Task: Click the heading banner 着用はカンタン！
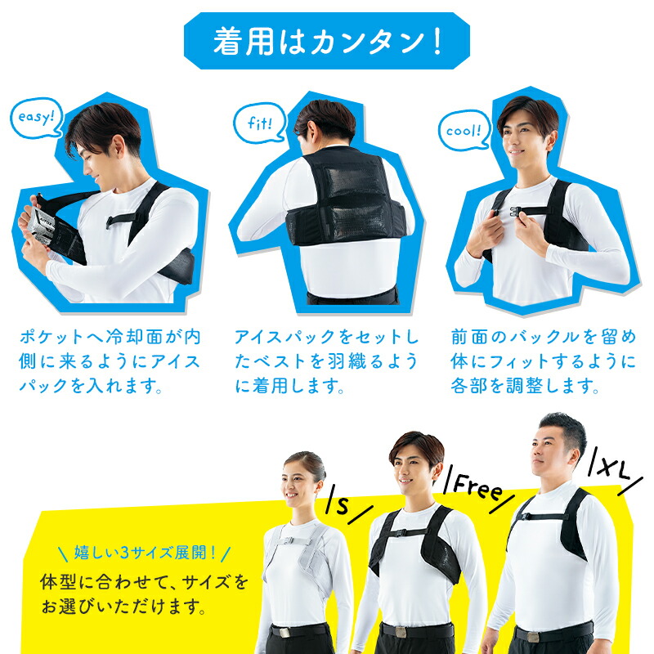327,42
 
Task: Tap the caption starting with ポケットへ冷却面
110,361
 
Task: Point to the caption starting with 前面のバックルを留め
544,361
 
